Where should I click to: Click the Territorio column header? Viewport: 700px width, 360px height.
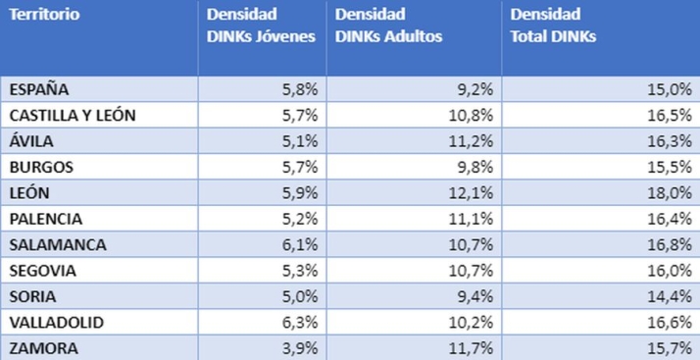coord(45,15)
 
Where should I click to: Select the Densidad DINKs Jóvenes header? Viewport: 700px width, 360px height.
coord(260,26)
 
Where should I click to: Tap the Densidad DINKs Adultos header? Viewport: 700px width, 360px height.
coord(388,26)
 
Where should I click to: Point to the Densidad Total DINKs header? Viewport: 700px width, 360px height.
coord(553,26)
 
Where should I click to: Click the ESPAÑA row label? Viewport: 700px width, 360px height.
coord(39,89)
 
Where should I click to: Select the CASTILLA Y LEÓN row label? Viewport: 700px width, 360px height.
coord(73,115)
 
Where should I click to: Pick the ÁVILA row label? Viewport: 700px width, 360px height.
coord(33,140)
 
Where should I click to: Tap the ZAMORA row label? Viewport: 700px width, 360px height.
coord(43,347)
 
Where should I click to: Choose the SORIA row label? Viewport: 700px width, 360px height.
coord(33,295)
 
